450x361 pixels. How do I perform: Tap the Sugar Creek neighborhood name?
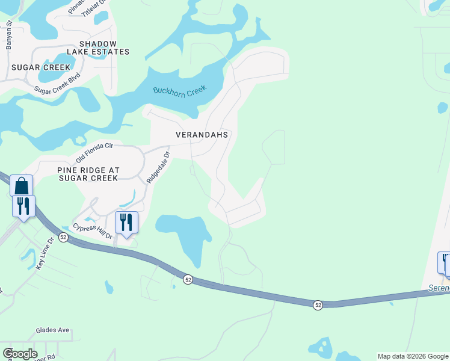pos(40,67)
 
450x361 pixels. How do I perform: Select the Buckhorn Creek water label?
pos(179,91)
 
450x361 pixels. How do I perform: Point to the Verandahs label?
pos(202,135)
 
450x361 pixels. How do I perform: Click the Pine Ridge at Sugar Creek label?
pos(88,174)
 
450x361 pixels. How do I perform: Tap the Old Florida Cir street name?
pos(94,153)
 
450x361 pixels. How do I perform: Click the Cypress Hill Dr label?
pos(93,231)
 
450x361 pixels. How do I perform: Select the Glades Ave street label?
pos(53,330)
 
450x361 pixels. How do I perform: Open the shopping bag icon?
pos(22,186)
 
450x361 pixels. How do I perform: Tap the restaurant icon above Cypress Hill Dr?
pos(126,223)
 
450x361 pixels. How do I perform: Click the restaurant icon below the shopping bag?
pos(23,206)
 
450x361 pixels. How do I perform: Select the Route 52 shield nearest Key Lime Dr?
pos(63,238)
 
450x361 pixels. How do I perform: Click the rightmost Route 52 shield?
pos(317,306)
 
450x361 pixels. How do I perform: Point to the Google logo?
pos(20,354)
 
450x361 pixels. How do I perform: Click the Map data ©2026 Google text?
pos(413,356)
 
